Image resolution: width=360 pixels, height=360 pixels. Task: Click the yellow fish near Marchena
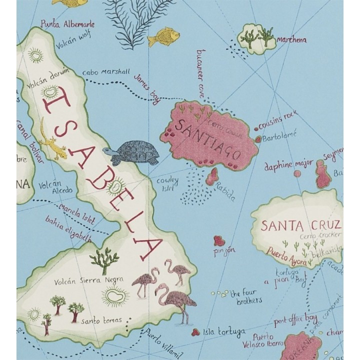164,36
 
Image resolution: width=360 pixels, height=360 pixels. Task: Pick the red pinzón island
219,240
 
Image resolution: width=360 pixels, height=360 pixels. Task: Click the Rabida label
224,191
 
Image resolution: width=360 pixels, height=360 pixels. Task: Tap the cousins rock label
278,120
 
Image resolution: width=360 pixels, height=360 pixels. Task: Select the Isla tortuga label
224,331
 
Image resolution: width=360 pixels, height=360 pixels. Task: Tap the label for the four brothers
245,297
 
